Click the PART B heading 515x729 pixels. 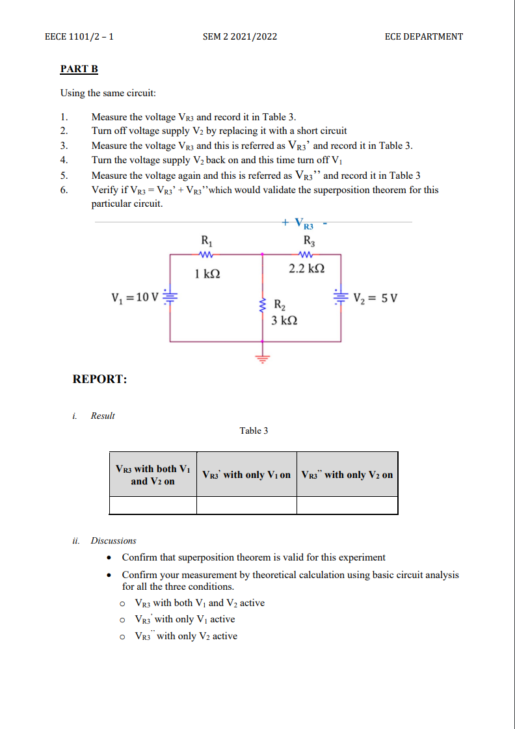click(x=79, y=68)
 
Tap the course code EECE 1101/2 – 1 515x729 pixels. click(x=79, y=36)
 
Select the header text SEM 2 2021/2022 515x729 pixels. click(x=240, y=36)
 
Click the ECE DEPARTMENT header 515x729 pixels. click(x=424, y=36)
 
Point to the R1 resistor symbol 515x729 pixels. click(x=205, y=255)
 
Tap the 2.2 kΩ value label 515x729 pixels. click(x=306, y=268)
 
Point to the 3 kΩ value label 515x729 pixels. click(x=284, y=320)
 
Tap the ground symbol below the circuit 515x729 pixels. click(x=263, y=357)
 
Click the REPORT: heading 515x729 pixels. click(x=99, y=379)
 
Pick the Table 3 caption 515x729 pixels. click(x=254, y=431)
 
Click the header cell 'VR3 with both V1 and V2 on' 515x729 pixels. click(x=153, y=475)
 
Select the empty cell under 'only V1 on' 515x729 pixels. click(x=246, y=505)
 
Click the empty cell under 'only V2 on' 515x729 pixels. click(x=347, y=505)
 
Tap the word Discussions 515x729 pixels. click(x=114, y=540)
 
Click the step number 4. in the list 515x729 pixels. click(x=64, y=160)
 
